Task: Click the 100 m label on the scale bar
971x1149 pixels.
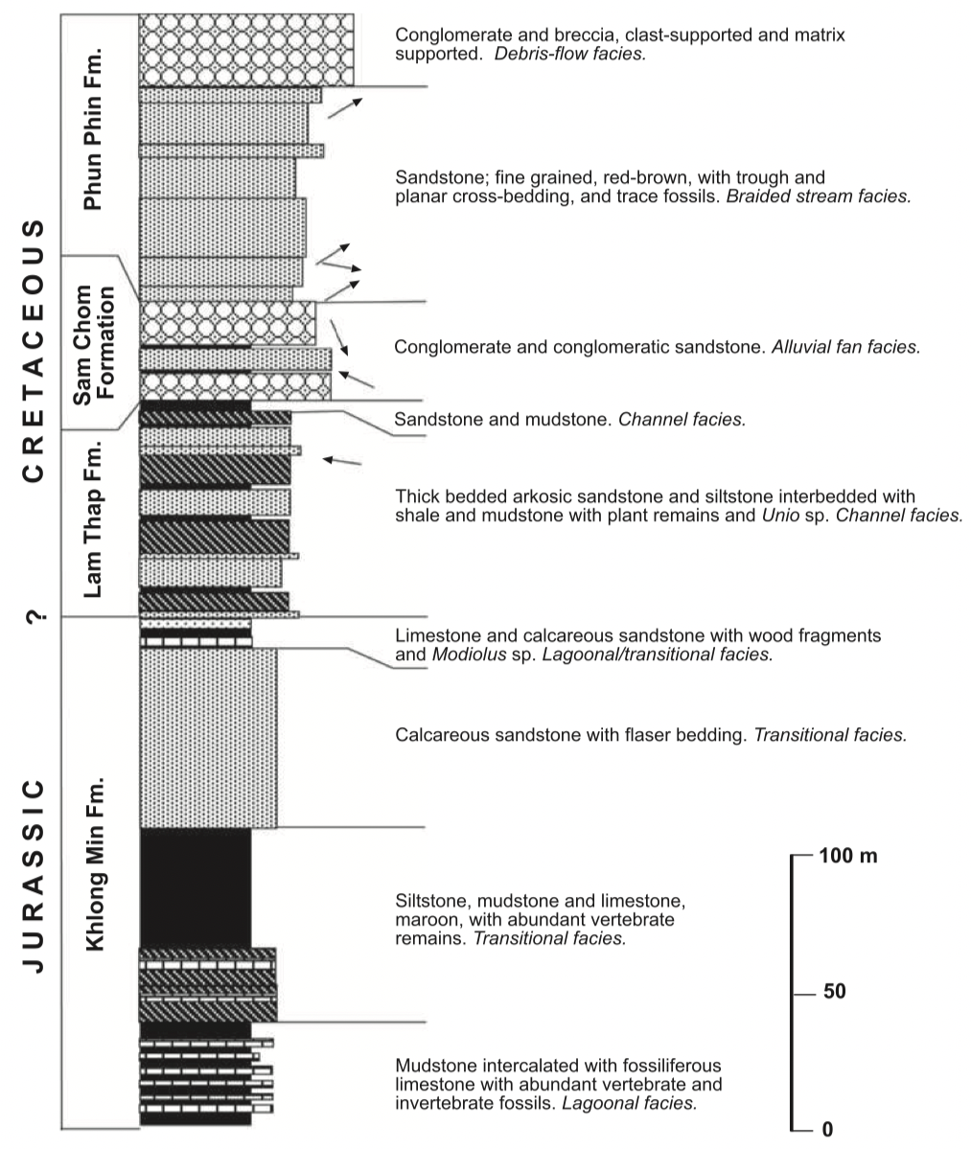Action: click(847, 856)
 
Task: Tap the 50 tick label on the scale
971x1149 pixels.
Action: click(834, 991)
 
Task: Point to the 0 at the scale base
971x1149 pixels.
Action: click(827, 1130)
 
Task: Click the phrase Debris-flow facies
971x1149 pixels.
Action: click(569, 55)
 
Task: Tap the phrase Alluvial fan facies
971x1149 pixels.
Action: click(845, 347)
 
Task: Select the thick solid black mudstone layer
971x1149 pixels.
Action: click(196, 886)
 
